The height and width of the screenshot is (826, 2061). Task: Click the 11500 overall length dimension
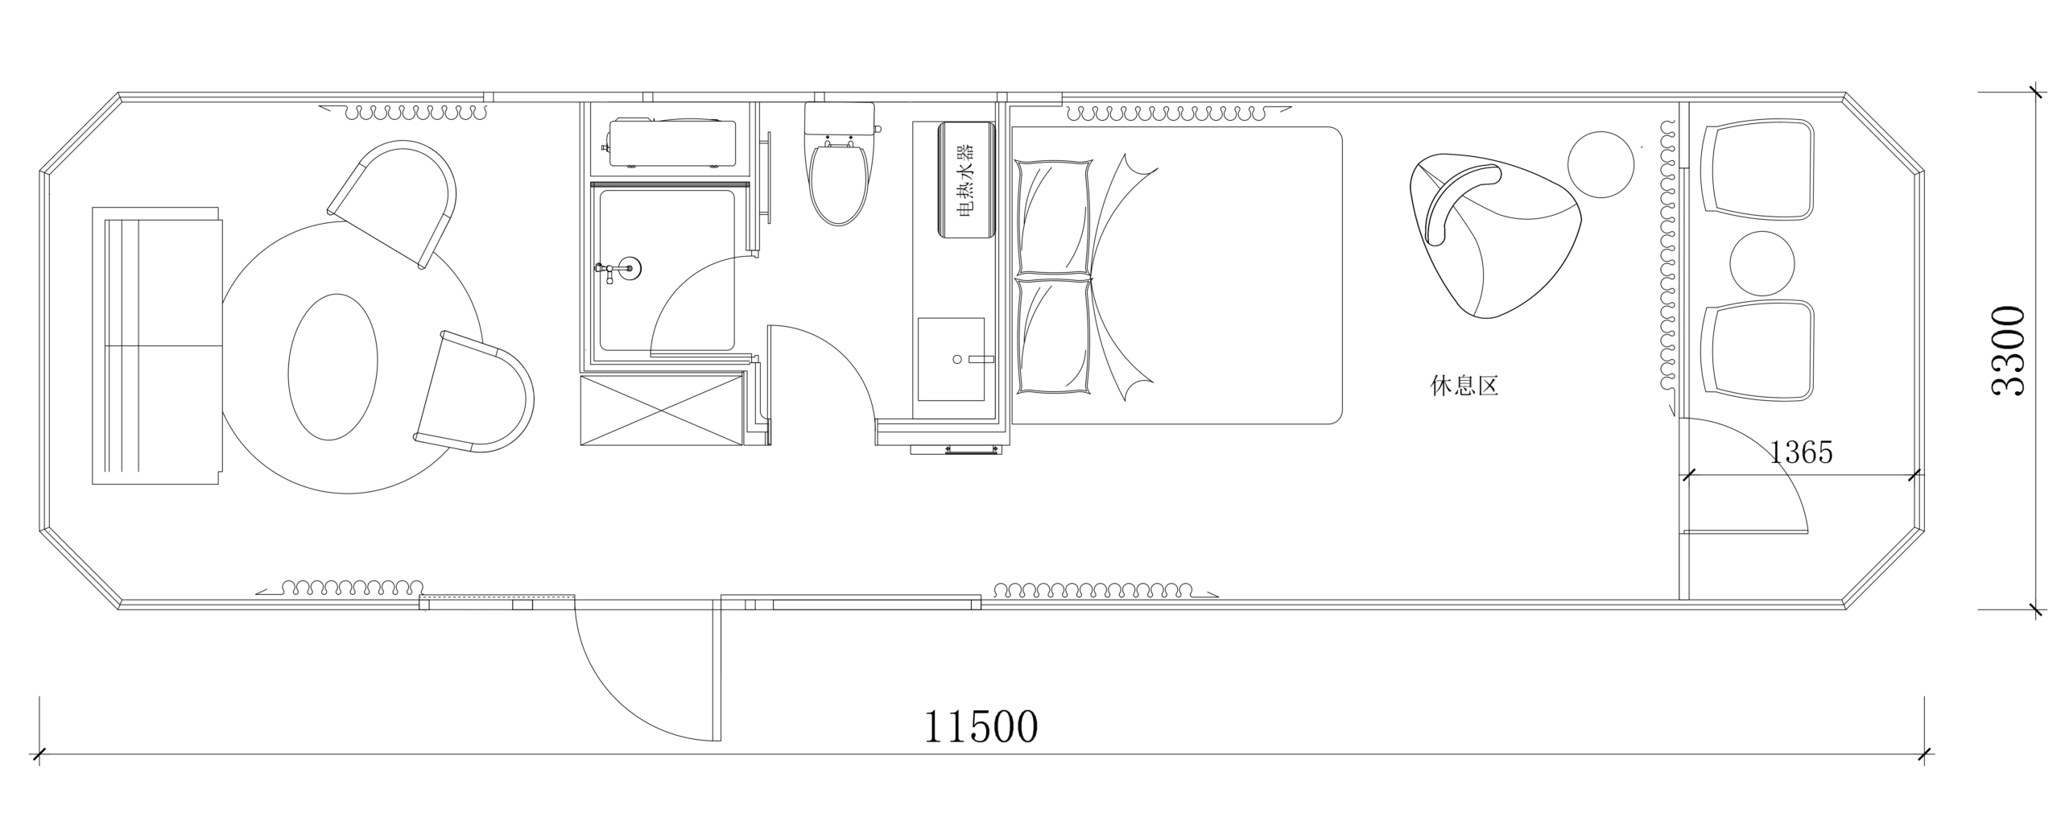(980, 727)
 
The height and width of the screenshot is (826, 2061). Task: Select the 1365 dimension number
(1801, 453)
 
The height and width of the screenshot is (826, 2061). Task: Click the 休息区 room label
(1464, 386)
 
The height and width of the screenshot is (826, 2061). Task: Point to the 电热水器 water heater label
(964, 180)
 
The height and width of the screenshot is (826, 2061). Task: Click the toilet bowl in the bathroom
(839, 181)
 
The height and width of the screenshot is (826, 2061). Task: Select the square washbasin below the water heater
(951, 359)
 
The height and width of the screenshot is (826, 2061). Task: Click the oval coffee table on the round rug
(332, 366)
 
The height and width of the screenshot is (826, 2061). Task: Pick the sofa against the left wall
(157, 345)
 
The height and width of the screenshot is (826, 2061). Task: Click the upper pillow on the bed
(1054, 217)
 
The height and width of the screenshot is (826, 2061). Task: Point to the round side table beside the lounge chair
(1600, 165)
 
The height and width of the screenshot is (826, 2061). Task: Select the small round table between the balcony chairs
(1762, 263)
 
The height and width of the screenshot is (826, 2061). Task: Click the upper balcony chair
(1758, 170)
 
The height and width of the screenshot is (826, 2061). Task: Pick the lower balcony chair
(1758, 351)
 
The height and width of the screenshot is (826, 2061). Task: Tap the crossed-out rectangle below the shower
(661, 411)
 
